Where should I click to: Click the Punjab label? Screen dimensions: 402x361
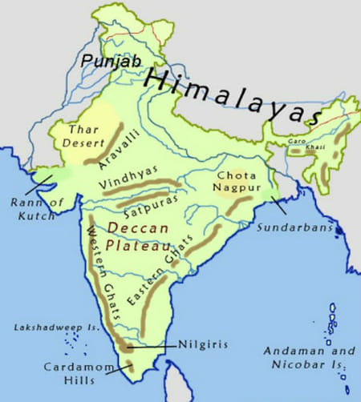tap(103, 61)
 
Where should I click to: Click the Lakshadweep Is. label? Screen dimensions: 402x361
tap(48, 328)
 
